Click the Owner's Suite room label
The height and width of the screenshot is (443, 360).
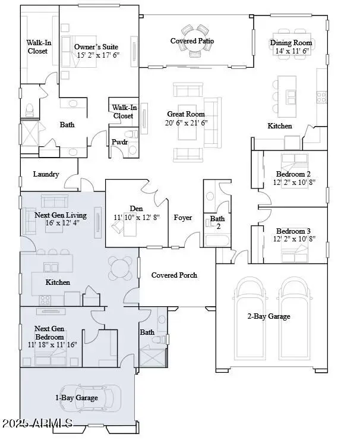[x=96, y=46]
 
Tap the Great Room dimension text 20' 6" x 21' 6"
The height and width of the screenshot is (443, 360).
[x=186, y=122]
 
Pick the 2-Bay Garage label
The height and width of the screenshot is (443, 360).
[x=269, y=316]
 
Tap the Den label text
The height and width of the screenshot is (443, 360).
[x=136, y=209]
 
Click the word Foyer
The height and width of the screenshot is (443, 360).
[x=182, y=218]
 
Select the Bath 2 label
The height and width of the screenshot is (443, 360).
[x=217, y=223]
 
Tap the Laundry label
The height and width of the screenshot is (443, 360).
[x=46, y=174]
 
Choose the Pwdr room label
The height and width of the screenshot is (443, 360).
[x=119, y=142]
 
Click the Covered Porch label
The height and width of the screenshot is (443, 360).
[x=174, y=275]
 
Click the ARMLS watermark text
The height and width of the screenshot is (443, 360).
[x=37, y=423]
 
